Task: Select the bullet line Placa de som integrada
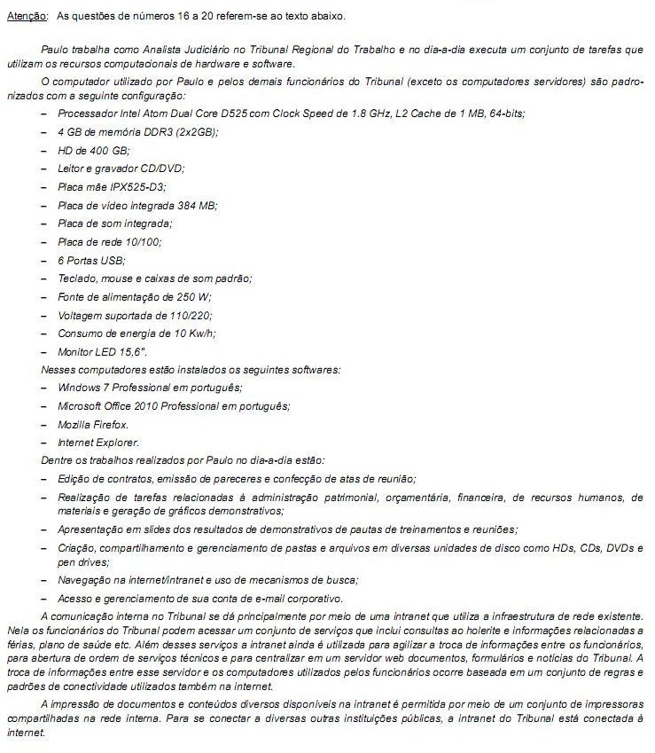[114, 223]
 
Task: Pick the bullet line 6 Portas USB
[91, 260]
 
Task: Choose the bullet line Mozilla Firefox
[93, 425]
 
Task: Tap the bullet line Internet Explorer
[98, 443]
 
